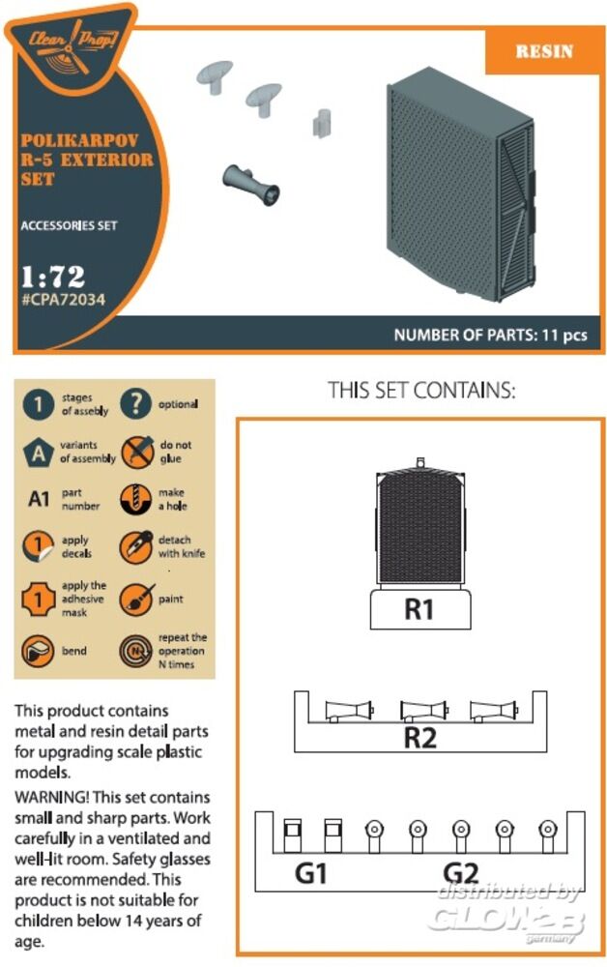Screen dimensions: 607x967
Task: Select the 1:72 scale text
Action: pyautogui.click(x=53, y=277)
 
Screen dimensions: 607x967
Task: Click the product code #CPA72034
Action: pyautogui.click(x=64, y=301)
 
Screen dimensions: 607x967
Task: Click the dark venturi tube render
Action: pyautogui.click(x=250, y=185)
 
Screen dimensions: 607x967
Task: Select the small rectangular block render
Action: pyautogui.click(x=321, y=122)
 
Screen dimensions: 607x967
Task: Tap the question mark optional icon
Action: pyautogui.click(x=135, y=404)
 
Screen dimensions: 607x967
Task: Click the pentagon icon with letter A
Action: pyautogui.click(x=39, y=454)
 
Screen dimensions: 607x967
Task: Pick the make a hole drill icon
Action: pyautogui.click(x=135, y=499)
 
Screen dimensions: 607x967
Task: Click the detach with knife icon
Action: pyautogui.click(x=136, y=546)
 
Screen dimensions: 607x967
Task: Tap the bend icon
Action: pyautogui.click(x=38, y=651)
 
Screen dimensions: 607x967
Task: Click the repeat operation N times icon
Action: pyautogui.click(x=135, y=651)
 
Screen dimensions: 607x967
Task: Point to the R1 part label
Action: pyautogui.click(x=419, y=609)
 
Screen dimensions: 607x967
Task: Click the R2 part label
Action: pyautogui.click(x=420, y=738)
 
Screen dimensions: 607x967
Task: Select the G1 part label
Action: pyautogui.click(x=311, y=872)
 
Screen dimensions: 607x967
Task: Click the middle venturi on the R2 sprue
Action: pyautogui.click(x=423, y=711)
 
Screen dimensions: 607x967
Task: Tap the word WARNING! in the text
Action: pyautogui.click(x=52, y=798)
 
